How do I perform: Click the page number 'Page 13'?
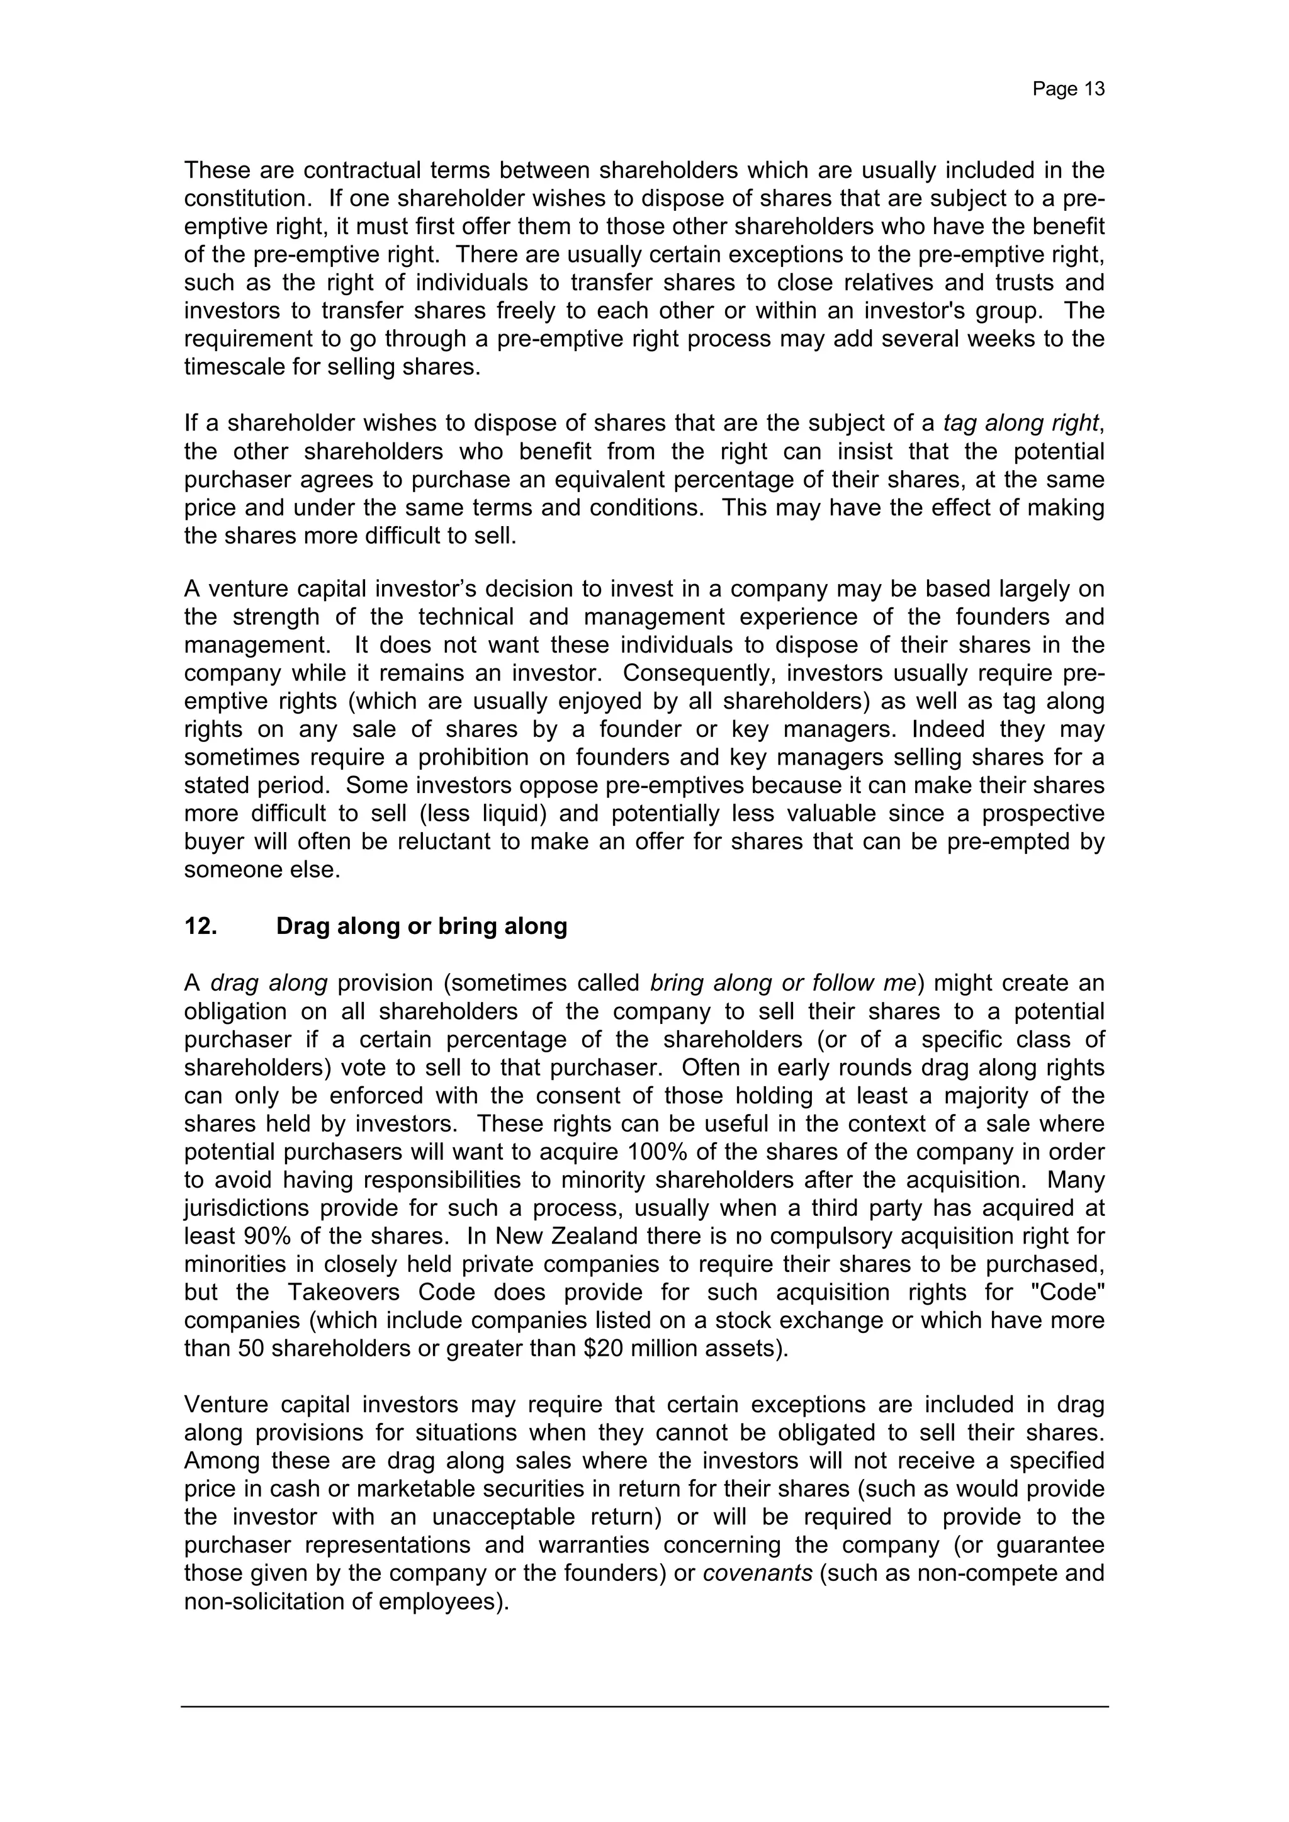point(1067,89)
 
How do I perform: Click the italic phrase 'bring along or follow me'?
point(782,983)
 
